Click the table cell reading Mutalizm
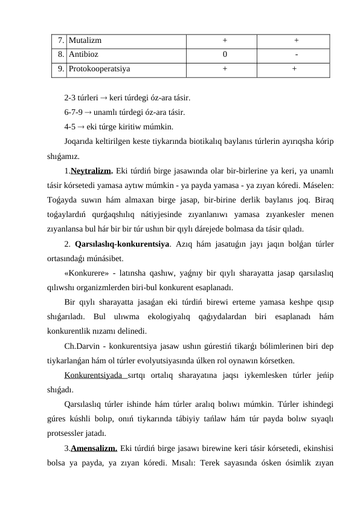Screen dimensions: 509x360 [x=85, y=41]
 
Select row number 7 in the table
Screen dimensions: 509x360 [x=62, y=41]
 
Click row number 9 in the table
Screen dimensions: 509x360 [x=62, y=69]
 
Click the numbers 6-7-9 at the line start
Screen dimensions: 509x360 [x=73, y=112]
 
